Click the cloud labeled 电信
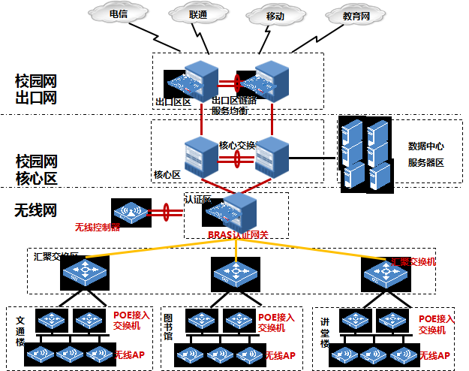pos(118,14)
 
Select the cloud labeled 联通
pos(197,14)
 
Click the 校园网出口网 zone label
pos(36,89)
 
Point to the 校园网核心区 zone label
pos(36,170)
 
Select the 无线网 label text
pos(35,211)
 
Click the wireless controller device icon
pos(131,211)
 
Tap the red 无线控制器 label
pos(97,228)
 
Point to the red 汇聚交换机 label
pos(413,261)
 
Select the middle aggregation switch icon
pos(236,272)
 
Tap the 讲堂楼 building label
pos(325,331)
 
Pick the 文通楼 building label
pos(20,330)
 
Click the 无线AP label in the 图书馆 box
pos(280,354)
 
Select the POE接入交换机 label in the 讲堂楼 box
pos(437,324)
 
